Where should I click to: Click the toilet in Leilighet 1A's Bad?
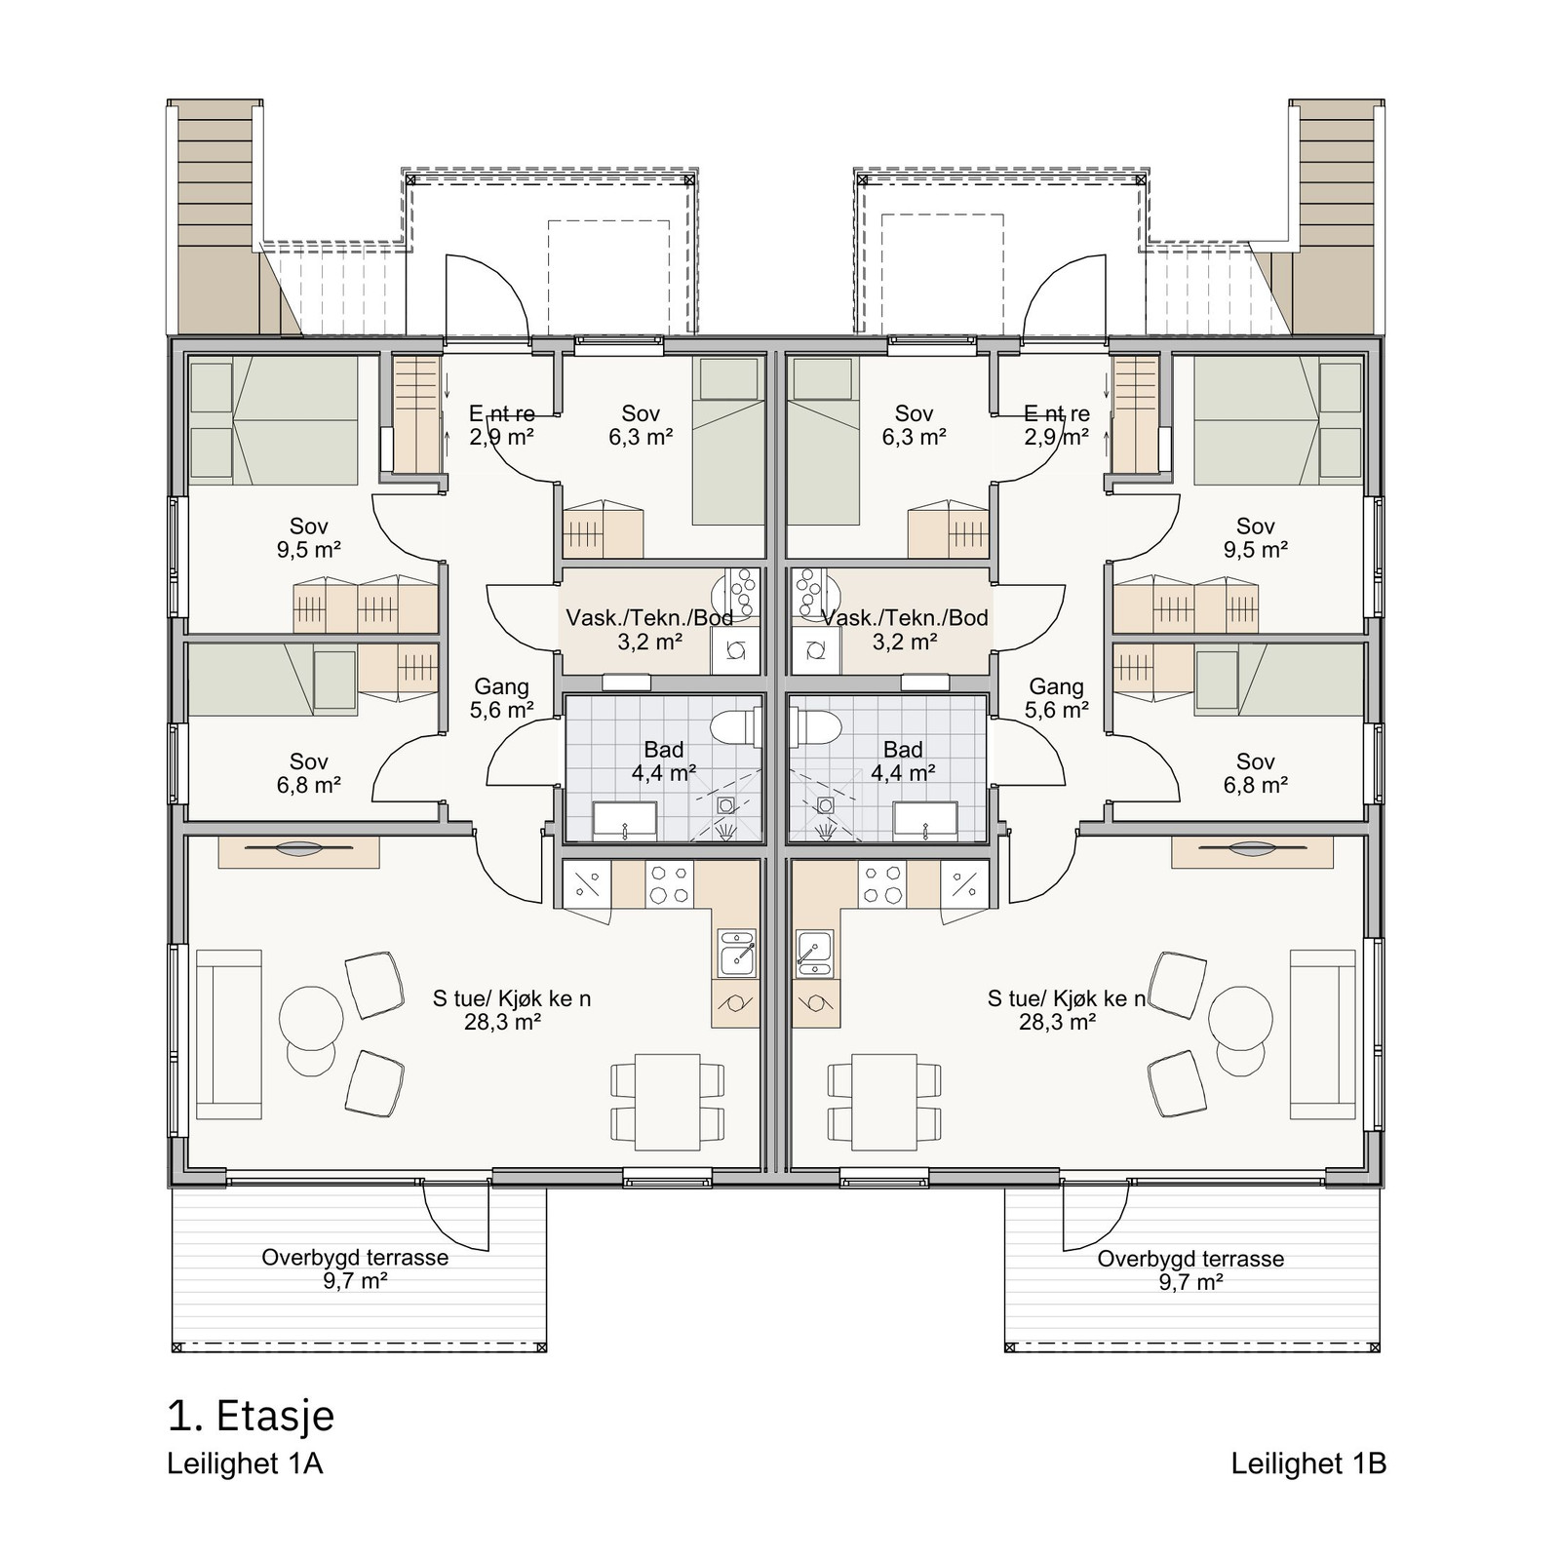coord(733,727)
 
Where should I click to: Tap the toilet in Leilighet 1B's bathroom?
coord(815,727)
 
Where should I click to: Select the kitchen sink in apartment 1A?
coord(736,953)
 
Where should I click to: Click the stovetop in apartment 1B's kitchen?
coord(882,885)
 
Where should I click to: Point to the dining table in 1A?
coord(668,1101)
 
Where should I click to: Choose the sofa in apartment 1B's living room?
coord(1323,1033)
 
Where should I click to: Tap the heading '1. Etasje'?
coord(251,1417)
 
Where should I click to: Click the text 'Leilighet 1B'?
coord(1308,1463)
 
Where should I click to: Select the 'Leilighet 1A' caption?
coord(245,1463)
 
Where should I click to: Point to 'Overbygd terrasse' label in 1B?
coord(1190,1259)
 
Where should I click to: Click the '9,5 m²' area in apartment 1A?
coord(308,550)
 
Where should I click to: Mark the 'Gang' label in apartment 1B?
coord(1057,686)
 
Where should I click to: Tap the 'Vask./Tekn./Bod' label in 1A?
coord(649,618)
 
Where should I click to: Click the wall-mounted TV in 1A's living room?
coord(298,851)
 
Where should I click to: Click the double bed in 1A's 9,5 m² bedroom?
coord(273,420)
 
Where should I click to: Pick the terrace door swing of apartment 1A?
coord(455,1219)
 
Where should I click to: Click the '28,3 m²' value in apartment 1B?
coord(1057,1023)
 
